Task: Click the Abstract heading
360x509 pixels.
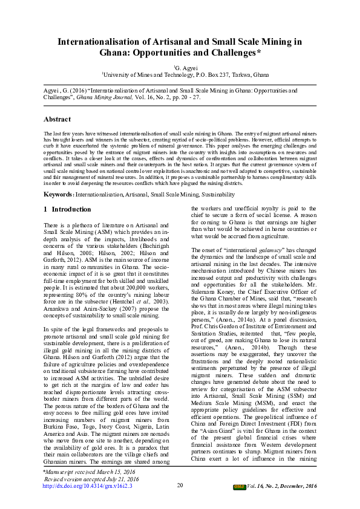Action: click(57, 120)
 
